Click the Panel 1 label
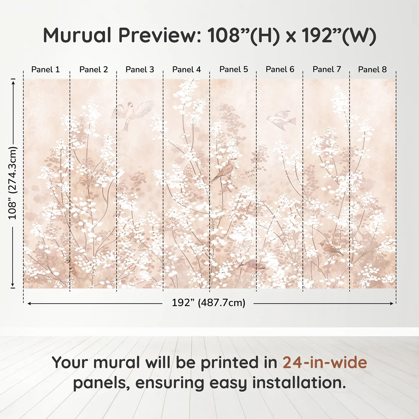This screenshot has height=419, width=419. tap(45, 69)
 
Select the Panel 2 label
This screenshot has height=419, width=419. tap(93, 69)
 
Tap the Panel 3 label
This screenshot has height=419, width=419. tap(140, 69)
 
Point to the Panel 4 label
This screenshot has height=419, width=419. tap(186, 69)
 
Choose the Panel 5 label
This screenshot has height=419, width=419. tap(234, 69)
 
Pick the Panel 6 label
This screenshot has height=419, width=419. tap(280, 69)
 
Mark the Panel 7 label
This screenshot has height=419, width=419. tap(327, 69)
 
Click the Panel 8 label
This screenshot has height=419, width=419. tap(372, 69)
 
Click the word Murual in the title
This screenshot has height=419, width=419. tap(77, 35)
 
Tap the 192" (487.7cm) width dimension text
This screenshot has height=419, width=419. tap(208, 303)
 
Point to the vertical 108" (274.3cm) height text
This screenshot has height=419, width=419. tap(13, 183)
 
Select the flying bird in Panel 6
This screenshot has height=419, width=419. tap(281, 120)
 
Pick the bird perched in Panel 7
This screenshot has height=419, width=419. tap(330, 248)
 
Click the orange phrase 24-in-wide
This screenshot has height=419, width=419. tap(325, 362)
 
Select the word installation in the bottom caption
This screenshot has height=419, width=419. tap(299, 383)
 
